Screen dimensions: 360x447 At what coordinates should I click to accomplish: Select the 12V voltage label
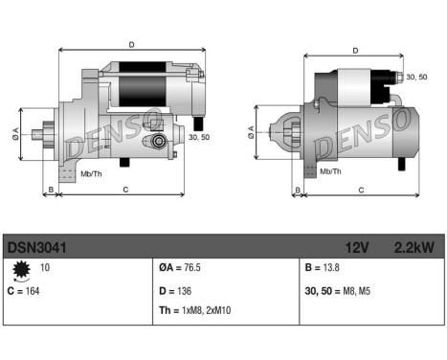[x=358, y=246]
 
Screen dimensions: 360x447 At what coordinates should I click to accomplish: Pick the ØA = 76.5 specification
[x=182, y=269]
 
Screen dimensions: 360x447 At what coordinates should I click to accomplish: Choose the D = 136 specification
[x=176, y=289]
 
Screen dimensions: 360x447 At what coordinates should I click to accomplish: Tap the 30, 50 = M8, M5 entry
[x=337, y=289]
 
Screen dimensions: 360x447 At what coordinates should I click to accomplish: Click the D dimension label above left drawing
[x=131, y=43]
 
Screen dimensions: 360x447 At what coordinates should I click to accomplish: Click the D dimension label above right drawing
[x=355, y=51]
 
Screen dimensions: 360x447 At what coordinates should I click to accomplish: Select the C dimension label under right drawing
[x=361, y=190]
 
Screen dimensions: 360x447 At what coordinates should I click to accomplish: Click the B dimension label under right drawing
[x=299, y=190]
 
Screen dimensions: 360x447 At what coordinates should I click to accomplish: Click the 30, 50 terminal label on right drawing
[x=416, y=77]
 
